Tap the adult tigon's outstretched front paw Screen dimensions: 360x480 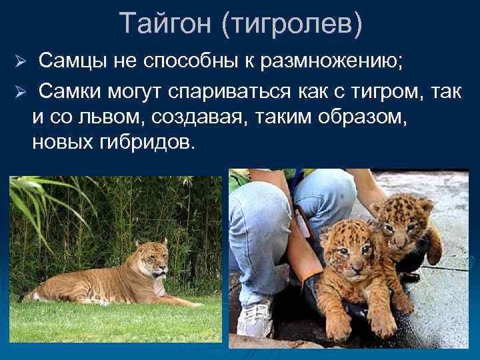[190, 303]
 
